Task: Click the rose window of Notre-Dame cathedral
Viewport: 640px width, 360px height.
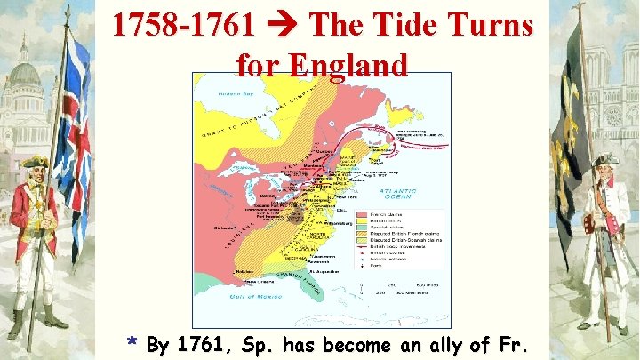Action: (x=613, y=116)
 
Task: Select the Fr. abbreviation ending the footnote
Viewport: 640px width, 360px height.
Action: (x=515, y=344)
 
